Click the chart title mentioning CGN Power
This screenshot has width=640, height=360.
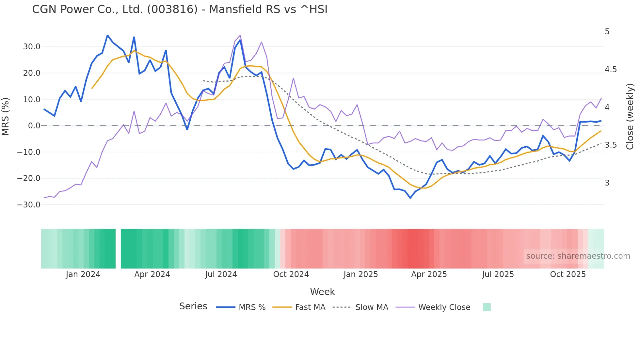(180, 9)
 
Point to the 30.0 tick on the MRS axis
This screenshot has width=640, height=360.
(32, 47)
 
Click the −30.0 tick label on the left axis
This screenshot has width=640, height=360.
(29, 205)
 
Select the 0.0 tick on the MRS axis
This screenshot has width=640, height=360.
(34, 126)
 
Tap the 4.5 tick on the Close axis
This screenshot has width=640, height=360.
(611, 70)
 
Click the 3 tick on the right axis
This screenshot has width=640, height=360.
(607, 183)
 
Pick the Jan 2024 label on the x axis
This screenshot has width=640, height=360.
(83, 274)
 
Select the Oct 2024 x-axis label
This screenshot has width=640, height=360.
(291, 274)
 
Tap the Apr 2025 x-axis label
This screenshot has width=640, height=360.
(429, 274)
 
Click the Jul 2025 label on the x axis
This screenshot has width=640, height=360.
(498, 274)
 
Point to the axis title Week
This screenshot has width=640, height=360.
(322, 292)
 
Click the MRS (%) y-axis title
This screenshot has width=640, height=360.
(6, 116)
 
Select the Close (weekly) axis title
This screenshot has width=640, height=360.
(630, 117)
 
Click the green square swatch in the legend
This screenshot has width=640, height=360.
(487, 307)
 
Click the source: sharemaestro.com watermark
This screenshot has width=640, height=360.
(578, 256)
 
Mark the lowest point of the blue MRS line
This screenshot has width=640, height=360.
(410, 198)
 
